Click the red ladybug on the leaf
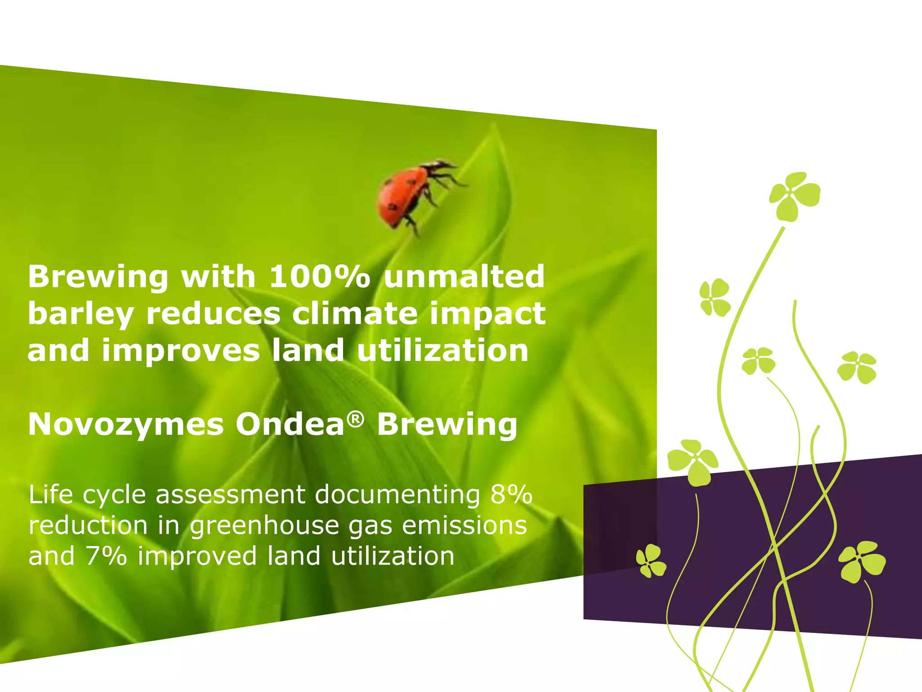coord(403,195)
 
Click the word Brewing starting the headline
coord(98,277)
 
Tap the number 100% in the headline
coord(319,276)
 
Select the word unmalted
coord(464,276)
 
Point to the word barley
coord(81,314)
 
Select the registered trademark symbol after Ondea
coord(356,419)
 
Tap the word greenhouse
coord(264,526)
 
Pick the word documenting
coord(397,495)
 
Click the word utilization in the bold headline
coord(443,351)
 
